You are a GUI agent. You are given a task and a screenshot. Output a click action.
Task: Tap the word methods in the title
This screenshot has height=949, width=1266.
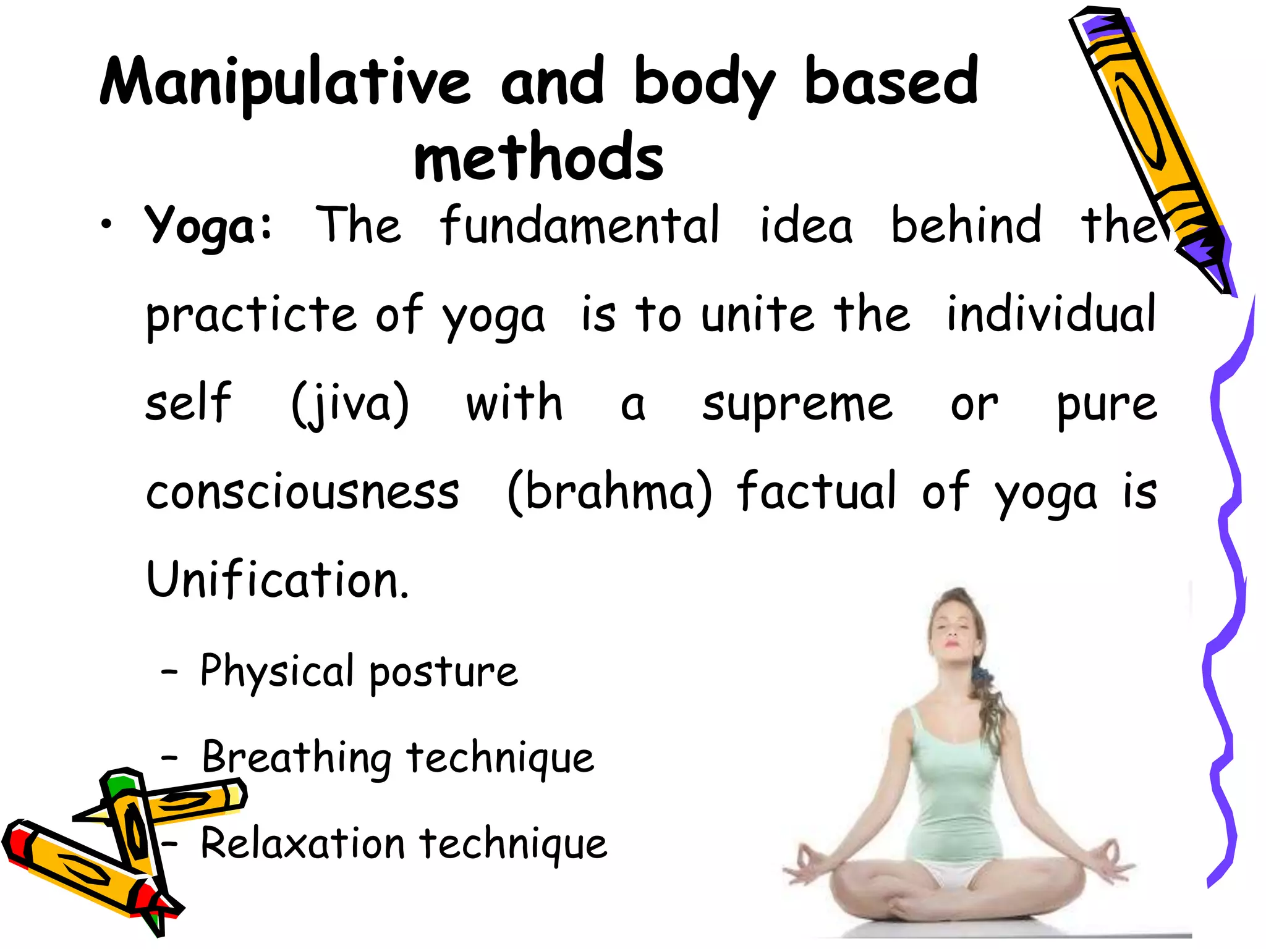click(x=538, y=158)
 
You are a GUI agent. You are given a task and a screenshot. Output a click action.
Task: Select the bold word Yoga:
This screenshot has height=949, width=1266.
click(x=208, y=226)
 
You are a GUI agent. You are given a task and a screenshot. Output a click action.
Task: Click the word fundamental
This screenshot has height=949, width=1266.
click(x=580, y=225)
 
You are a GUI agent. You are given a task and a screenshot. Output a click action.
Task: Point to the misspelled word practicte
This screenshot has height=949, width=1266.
click(x=251, y=315)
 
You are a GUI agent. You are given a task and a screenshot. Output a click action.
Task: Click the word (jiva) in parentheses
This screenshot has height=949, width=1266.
click(x=350, y=404)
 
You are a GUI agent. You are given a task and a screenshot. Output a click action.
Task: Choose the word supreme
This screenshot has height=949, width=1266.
click(x=797, y=405)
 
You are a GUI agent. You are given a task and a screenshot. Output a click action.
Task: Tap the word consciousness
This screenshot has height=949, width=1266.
click(x=303, y=492)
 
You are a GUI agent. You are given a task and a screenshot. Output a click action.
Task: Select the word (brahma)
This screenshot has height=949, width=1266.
click(x=610, y=492)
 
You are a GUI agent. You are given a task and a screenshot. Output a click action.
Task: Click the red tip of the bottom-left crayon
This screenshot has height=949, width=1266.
click(x=19, y=844)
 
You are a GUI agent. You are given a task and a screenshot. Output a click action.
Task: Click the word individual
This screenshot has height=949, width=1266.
click(x=1051, y=315)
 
